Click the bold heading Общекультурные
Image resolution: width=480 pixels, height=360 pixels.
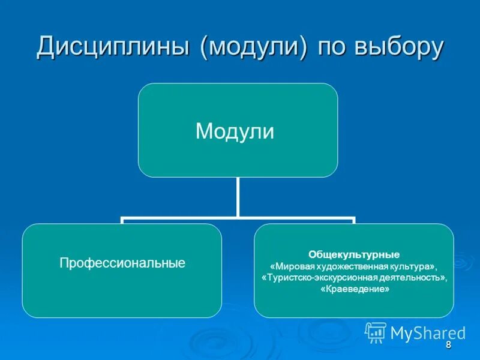coord(354,254)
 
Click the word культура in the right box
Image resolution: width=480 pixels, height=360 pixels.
coord(410,266)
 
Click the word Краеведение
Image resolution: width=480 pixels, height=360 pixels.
coord(355,289)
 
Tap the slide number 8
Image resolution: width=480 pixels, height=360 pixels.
coord(448,345)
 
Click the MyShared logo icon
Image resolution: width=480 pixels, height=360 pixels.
coord(376,332)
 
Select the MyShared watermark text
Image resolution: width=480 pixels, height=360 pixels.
coord(428,332)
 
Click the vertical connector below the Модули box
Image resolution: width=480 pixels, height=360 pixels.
coord(238,197)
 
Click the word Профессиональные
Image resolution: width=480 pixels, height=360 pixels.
coord(122,263)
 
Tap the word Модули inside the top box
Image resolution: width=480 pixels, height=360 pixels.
coord(235,131)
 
